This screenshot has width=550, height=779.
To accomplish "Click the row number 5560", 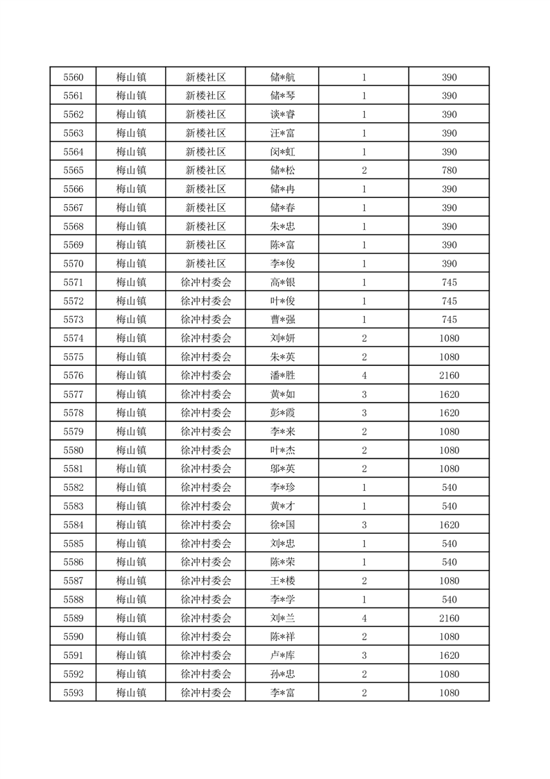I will [73, 77].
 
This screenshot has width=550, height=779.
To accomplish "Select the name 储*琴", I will [282, 96].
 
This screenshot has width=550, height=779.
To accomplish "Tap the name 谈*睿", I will [282, 115].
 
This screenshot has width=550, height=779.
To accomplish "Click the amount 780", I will [449, 170].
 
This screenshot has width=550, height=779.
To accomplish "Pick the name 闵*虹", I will [282, 151].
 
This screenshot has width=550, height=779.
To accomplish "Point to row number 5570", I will [73, 264].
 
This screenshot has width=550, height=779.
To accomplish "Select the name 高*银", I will [282, 283].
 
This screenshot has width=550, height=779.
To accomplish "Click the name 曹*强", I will [282, 320].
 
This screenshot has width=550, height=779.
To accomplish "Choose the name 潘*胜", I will [282, 376].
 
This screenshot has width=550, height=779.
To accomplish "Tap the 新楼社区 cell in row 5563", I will [205, 133].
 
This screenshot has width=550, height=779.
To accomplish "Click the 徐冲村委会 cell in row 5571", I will [205, 283].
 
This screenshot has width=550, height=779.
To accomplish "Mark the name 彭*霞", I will [282, 413].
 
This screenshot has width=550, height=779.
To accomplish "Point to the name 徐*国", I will [282, 525].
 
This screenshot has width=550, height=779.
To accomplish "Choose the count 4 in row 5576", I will [364, 376].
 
